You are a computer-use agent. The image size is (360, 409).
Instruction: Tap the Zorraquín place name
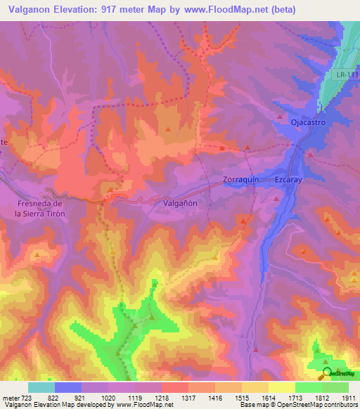[241, 179]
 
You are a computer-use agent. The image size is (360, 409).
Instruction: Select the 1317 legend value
[188, 398]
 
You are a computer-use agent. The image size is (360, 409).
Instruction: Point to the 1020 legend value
[108, 398]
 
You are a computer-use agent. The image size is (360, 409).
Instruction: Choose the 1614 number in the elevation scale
[268, 398]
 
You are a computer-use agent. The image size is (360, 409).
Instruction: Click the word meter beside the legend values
[11, 398]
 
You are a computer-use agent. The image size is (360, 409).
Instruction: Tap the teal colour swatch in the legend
[41, 387]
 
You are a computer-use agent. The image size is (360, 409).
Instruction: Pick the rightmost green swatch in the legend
[335, 387]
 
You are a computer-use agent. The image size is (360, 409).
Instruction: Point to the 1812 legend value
[321, 398]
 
